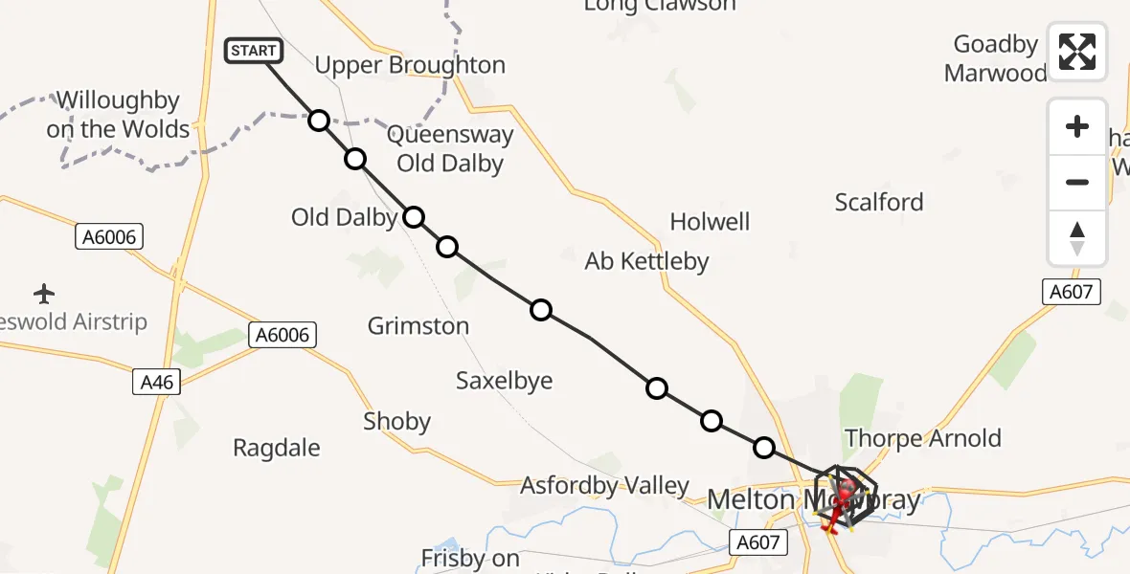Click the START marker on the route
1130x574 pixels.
(x=254, y=51)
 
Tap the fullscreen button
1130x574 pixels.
(x=1077, y=52)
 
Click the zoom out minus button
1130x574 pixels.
(x=1077, y=182)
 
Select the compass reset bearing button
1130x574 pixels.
(x=1077, y=238)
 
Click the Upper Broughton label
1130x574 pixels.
(x=410, y=65)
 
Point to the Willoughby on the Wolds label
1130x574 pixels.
(x=118, y=115)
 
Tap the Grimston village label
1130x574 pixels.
(x=418, y=326)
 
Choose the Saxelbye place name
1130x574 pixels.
(x=505, y=381)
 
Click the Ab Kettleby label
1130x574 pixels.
(x=647, y=261)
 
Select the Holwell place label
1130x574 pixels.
(x=710, y=222)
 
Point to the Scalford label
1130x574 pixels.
(x=879, y=202)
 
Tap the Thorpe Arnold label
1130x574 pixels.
(x=923, y=438)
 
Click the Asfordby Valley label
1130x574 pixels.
(x=604, y=486)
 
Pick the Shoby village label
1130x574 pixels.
(x=396, y=422)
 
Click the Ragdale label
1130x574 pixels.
(x=277, y=448)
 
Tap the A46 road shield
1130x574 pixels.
(x=156, y=383)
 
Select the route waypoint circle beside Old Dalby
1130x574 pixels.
(x=413, y=217)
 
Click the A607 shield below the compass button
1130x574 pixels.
(x=1071, y=292)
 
